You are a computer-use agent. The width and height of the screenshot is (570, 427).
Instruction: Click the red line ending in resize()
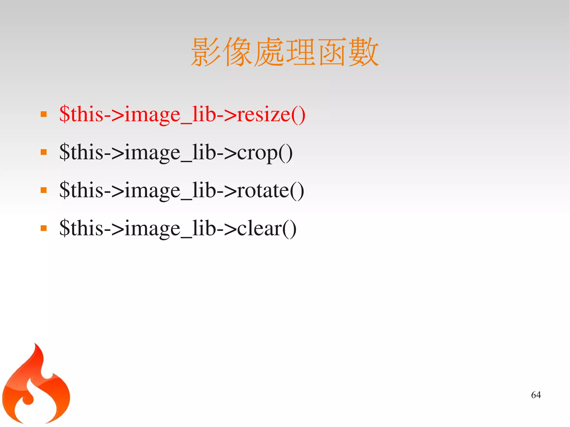click(x=182, y=114)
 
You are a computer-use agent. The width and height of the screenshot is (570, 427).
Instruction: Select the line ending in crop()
click(x=176, y=152)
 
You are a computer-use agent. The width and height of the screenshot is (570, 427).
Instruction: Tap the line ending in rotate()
click(x=181, y=191)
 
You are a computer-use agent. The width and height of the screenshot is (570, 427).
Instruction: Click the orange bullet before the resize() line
click(x=44, y=114)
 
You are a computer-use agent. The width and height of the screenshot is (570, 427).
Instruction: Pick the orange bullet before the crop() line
click(x=44, y=152)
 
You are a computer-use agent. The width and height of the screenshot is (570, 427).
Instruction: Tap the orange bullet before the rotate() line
click(x=44, y=190)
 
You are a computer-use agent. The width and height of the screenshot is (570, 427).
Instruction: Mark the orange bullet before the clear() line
click(x=44, y=228)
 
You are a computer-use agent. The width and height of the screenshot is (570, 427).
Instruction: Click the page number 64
click(x=536, y=395)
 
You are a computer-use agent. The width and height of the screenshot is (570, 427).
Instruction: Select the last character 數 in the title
click(x=363, y=52)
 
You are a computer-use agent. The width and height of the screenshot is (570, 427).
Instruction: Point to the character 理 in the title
click(x=301, y=52)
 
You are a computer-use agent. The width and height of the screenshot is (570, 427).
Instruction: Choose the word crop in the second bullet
click(x=257, y=153)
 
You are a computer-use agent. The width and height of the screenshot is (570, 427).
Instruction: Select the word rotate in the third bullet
click(x=263, y=191)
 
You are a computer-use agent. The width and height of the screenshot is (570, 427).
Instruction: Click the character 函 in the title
click(x=332, y=52)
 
